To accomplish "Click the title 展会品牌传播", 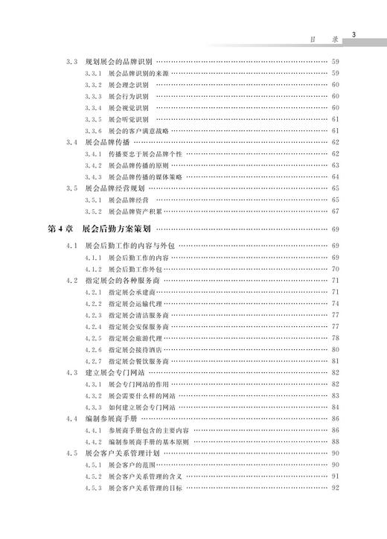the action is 111,141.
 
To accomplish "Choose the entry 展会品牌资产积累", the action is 134,211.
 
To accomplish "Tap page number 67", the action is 336,211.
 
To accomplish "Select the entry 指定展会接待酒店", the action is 134,349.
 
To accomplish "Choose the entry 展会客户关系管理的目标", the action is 144,488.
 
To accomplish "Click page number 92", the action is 336,488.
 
